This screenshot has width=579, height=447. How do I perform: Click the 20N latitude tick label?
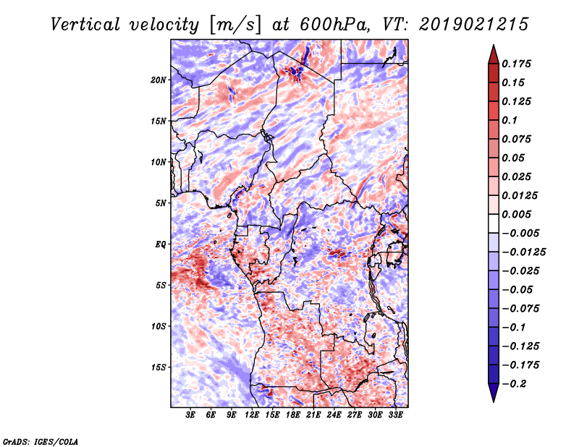pyautogui.click(x=159, y=80)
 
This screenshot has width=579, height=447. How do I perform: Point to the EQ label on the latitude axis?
pyautogui.click(x=161, y=244)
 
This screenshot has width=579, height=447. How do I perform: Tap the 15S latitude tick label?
pyautogui.click(x=159, y=367)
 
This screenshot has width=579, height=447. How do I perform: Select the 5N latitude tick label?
pyautogui.click(x=161, y=203)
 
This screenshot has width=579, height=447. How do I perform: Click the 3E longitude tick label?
pyautogui.click(x=191, y=415)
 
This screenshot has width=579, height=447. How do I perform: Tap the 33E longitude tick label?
pyautogui.click(x=396, y=415)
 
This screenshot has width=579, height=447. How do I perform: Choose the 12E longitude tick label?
pyautogui.click(x=253, y=415)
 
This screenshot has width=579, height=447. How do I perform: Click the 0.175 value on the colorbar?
pyautogui.click(x=517, y=64)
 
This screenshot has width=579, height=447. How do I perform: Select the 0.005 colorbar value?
pyautogui.click(x=517, y=214)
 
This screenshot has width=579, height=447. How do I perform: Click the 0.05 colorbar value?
pyautogui.click(x=514, y=158)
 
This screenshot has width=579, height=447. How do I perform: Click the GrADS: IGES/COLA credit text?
pyautogui.click(x=40, y=440)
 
